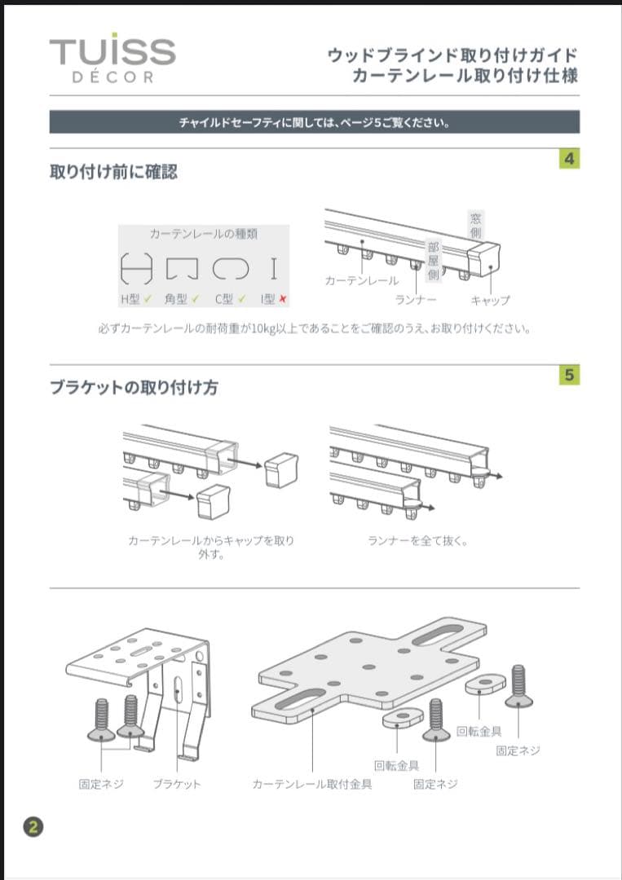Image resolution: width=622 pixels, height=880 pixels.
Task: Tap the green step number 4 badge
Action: click(x=569, y=159)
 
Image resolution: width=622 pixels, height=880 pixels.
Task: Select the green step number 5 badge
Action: click(x=569, y=376)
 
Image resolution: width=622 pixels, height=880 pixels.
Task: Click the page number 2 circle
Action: click(x=33, y=827)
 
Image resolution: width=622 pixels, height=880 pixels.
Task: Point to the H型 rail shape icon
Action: click(x=136, y=268)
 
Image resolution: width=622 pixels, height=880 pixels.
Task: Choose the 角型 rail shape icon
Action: click(x=183, y=268)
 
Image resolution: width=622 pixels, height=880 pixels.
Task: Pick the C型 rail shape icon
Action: click(x=230, y=268)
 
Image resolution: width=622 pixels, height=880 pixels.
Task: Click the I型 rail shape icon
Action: click(x=274, y=268)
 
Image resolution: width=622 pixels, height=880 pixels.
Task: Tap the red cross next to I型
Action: click(x=282, y=300)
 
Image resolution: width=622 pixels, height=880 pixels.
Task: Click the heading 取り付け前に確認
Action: click(x=113, y=172)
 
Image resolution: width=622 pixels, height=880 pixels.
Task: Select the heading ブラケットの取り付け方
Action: click(x=134, y=388)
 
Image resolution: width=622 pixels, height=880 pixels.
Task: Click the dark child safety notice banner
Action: click(x=314, y=123)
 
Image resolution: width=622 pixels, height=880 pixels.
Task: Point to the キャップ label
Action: click(x=490, y=301)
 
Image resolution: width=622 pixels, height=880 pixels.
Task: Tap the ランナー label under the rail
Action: click(x=416, y=301)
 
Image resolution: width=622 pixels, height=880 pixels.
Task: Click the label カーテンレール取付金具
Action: click(x=312, y=784)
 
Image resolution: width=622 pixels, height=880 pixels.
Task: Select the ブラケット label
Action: click(x=176, y=784)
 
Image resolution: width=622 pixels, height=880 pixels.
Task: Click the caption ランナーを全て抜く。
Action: click(x=417, y=540)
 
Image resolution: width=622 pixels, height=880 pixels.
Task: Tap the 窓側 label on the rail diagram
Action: click(x=475, y=225)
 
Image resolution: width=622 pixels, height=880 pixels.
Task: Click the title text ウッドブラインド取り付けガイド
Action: click(x=452, y=55)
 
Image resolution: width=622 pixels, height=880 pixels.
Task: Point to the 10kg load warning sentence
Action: click(x=314, y=330)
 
